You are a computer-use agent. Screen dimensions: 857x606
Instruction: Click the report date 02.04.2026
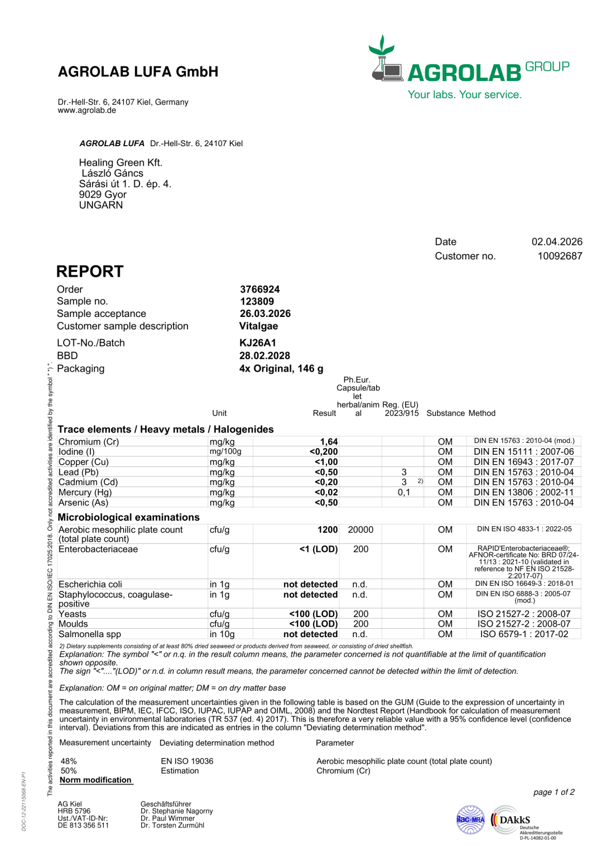tap(556, 242)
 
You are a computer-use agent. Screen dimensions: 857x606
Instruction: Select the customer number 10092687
tap(560, 256)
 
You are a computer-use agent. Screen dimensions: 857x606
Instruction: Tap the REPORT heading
tap(90, 272)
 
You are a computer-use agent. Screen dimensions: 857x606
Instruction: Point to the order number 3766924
tap(259, 289)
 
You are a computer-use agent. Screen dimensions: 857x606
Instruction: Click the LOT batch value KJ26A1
tap(257, 343)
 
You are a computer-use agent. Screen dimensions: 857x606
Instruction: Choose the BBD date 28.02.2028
tap(264, 355)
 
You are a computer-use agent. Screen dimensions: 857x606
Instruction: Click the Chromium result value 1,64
tap(329, 441)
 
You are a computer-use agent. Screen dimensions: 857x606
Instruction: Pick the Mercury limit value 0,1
tap(403, 492)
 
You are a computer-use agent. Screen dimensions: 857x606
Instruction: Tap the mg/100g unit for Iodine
tap(225, 451)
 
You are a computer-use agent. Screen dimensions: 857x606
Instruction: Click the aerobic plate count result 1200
tap(328, 529)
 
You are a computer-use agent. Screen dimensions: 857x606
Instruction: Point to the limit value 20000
tap(360, 529)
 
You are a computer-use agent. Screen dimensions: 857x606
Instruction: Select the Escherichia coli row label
tap(90, 584)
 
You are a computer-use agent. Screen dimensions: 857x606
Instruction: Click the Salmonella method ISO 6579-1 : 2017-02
tap(524, 634)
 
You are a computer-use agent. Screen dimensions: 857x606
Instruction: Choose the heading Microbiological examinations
tap(128, 517)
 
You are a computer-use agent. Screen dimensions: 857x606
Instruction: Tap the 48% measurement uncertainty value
tap(69, 761)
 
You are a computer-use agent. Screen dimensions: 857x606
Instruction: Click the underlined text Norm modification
tap(95, 780)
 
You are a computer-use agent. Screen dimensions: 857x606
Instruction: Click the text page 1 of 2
tap(554, 792)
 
